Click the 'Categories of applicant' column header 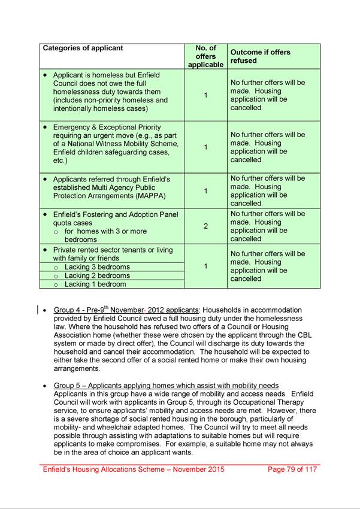tap(82, 49)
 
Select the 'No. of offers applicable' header tap(205, 56)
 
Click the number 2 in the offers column tap(205, 226)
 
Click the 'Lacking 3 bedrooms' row tap(97, 267)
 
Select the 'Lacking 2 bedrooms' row tap(97, 276)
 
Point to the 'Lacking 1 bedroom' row tap(95, 284)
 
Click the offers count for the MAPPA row tap(205, 191)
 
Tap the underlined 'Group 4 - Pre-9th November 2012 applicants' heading tap(126, 310)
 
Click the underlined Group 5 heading tap(166, 385)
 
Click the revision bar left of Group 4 tap(38, 310)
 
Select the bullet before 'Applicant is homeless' tap(45, 75)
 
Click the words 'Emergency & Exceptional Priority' tap(107, 127)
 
